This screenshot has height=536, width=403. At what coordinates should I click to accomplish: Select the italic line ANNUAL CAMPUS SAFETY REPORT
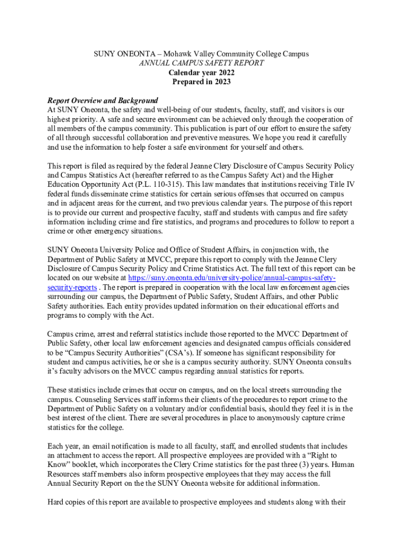coord(201,63)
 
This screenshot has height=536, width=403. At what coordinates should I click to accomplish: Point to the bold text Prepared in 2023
coord(201,82)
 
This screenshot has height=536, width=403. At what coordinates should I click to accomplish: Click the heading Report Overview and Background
coord(103,100)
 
